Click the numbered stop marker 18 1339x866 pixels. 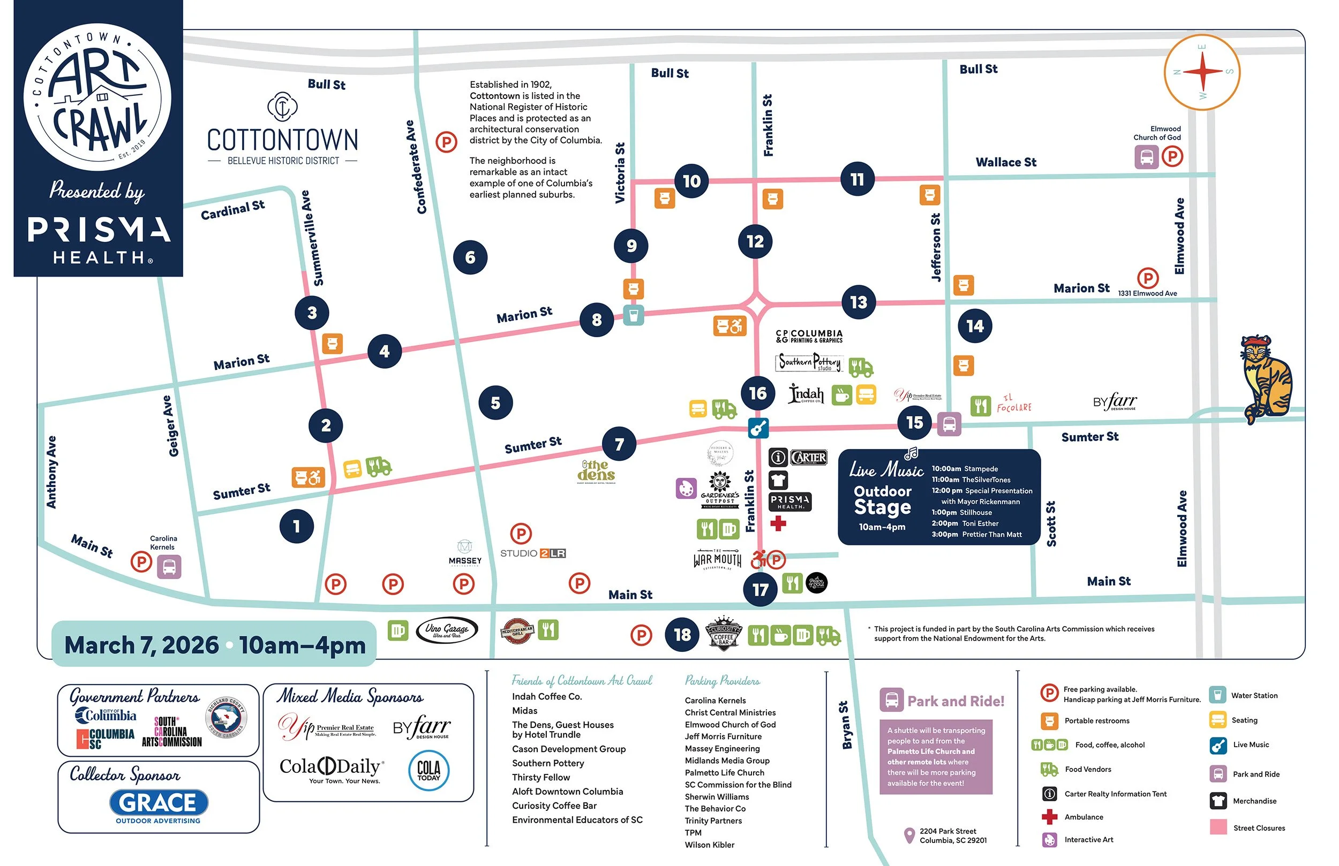[x=682, y=635]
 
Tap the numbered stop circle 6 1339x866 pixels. [x=470, y=257]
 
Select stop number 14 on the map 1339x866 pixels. [x=974, y=326]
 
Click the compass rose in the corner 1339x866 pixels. [x=1202, y=72]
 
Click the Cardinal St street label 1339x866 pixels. [x=232, y=210]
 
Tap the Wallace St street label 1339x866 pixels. [x=1005, y=163]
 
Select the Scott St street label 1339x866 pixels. [x=1051, y=523]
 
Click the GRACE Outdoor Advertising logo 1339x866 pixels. [x=159, y=806]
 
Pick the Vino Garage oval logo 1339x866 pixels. [x=447, y=630]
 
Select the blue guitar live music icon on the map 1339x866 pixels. [x=758, y=428]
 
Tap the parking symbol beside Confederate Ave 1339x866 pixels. [x=446, y=142]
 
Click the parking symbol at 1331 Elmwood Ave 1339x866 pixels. [x=1148, y=278]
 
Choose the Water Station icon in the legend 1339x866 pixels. [x=1217, y=695]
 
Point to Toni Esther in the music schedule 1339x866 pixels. [x=980, y=523]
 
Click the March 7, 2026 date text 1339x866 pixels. [x=141, y=645]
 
